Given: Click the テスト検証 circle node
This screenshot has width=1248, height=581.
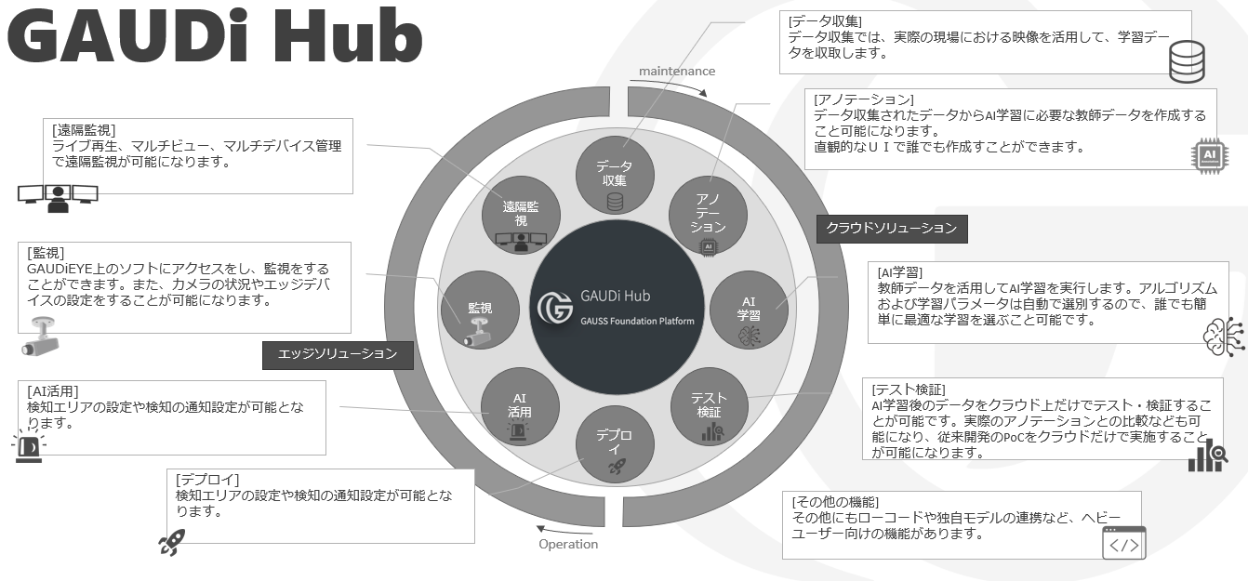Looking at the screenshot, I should pyautogui.click(x=710, y=407).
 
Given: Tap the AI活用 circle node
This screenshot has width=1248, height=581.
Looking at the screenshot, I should pyautogui.click(x=520, y=406).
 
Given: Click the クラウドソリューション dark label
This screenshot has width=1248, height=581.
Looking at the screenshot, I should pyautogui.click(x=891, y=229).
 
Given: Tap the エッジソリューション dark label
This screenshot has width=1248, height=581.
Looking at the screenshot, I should pyautogui.click(x=338, y=354).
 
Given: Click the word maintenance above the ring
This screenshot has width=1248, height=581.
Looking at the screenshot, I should pyautogui.click(x=676, y=72).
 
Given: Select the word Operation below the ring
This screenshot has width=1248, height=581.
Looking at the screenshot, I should pyautogui.click(x=568, y=544).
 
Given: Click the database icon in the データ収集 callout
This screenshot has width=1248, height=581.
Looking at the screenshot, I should pyautogui.click(x=1186, y=59).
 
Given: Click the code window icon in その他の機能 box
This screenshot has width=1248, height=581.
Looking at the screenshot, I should pyautogui.click(x=1123, y=543).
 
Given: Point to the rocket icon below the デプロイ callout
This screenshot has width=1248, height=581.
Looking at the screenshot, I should pyautogui.click(x=171, y=542).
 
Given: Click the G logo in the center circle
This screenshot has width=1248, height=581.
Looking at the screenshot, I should pyautogui.click(x=555, y=307).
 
